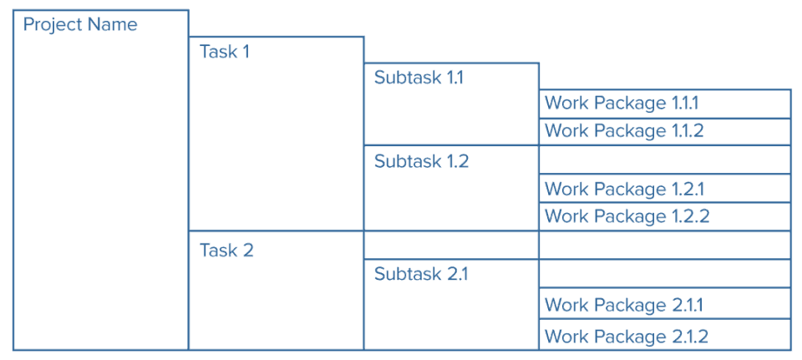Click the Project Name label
pyautogui.click(x=80, y=24)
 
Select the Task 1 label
pyautogui.click(x=224, y=52)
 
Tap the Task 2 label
pyautogui.click(x=226, y=250)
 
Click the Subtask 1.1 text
pyautogui.click(x=419, y=78)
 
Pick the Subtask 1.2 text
pyautogui.click(x=421, y=161)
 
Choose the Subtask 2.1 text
pyautogui.click(x=421, y=274)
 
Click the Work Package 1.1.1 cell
pyautogui.click(x=664, y=104)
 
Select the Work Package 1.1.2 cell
pyautogui.click(x=664, y=131)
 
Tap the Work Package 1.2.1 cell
pyautogui.click(x=664, y=189)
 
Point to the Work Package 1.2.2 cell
pyautogui.click(x=664, y=216)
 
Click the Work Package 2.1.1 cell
pyautogui.click(x=664, y=305)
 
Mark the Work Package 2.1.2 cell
pyautogui.click(x=664, y=336)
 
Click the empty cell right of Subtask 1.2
pyautogui.click(x=664, y=160)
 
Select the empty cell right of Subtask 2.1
pyautogui.click(x=664, y=273)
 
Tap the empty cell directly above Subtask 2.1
pyautogui.click(x=451, y=245)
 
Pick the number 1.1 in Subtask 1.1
pyautogui.click(x=454, y=78)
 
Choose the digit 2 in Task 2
pyautogui.click(x=247, y=250)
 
